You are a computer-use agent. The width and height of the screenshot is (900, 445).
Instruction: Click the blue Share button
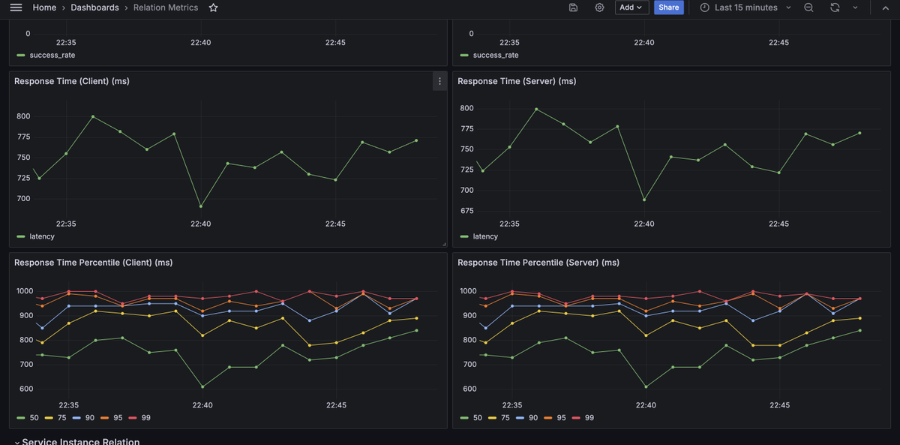pyautogui.click(x=668, y=8)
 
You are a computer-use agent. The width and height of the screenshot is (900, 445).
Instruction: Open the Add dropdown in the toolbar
pyautogui.click(x=631, y=8)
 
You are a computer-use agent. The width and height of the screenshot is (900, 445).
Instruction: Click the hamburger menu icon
pyautogui.click(x=16, y=8)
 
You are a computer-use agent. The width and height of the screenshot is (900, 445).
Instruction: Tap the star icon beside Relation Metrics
pyautogui.click(x=214, y=8)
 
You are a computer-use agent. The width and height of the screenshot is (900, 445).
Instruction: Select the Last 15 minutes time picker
pyautogui.click(x=745, y=8)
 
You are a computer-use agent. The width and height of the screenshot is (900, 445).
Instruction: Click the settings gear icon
pyautogui.click(x=599, y=8)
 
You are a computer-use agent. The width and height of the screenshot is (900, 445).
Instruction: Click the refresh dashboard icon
pyautogui.click(x=835, y=8)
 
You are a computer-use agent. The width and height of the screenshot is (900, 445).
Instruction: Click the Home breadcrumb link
pyautogui.click(x=44, y=8)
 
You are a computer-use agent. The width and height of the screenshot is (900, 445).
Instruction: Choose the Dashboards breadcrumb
pyautogui.click(x=94, y=8)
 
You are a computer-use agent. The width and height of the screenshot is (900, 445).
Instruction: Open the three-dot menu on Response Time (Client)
pyautogui.click(x=439, y=81)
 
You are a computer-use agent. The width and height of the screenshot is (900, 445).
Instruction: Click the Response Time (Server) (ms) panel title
pyautogui.click(x=517, y=81)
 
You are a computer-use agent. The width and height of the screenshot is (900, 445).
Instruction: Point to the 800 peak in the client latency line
pyautogui.click(x=93, y=116)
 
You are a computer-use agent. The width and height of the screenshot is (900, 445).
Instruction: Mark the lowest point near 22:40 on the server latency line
pyautogui.click(x=644, y=200)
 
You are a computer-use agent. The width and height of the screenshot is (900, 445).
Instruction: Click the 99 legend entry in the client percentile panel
pyautogui.click(x=145, y=417)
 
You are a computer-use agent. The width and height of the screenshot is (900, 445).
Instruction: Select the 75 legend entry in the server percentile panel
pyautogui.click(x=504, y=417)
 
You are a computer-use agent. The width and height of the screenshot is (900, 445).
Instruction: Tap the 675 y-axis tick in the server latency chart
pyautogui.click(x=466, y=211)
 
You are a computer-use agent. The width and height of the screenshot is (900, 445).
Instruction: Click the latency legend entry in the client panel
pyautogui.click(x=41, y=236)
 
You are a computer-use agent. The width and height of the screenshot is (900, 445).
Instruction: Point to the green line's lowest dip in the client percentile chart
pyautogui.click(x=202, y=386)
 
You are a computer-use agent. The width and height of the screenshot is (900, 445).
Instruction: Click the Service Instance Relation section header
pyautogui.click(x=80, y=441)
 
